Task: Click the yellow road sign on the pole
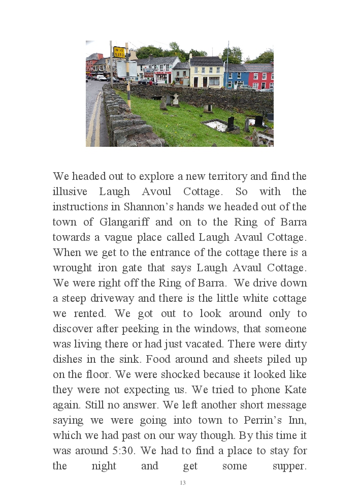(119, 51)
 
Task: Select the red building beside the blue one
(260, 76)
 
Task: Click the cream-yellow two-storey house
(206, 73)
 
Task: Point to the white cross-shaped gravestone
(175, 99)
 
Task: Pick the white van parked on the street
(101, 78)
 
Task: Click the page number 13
(183, 483)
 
